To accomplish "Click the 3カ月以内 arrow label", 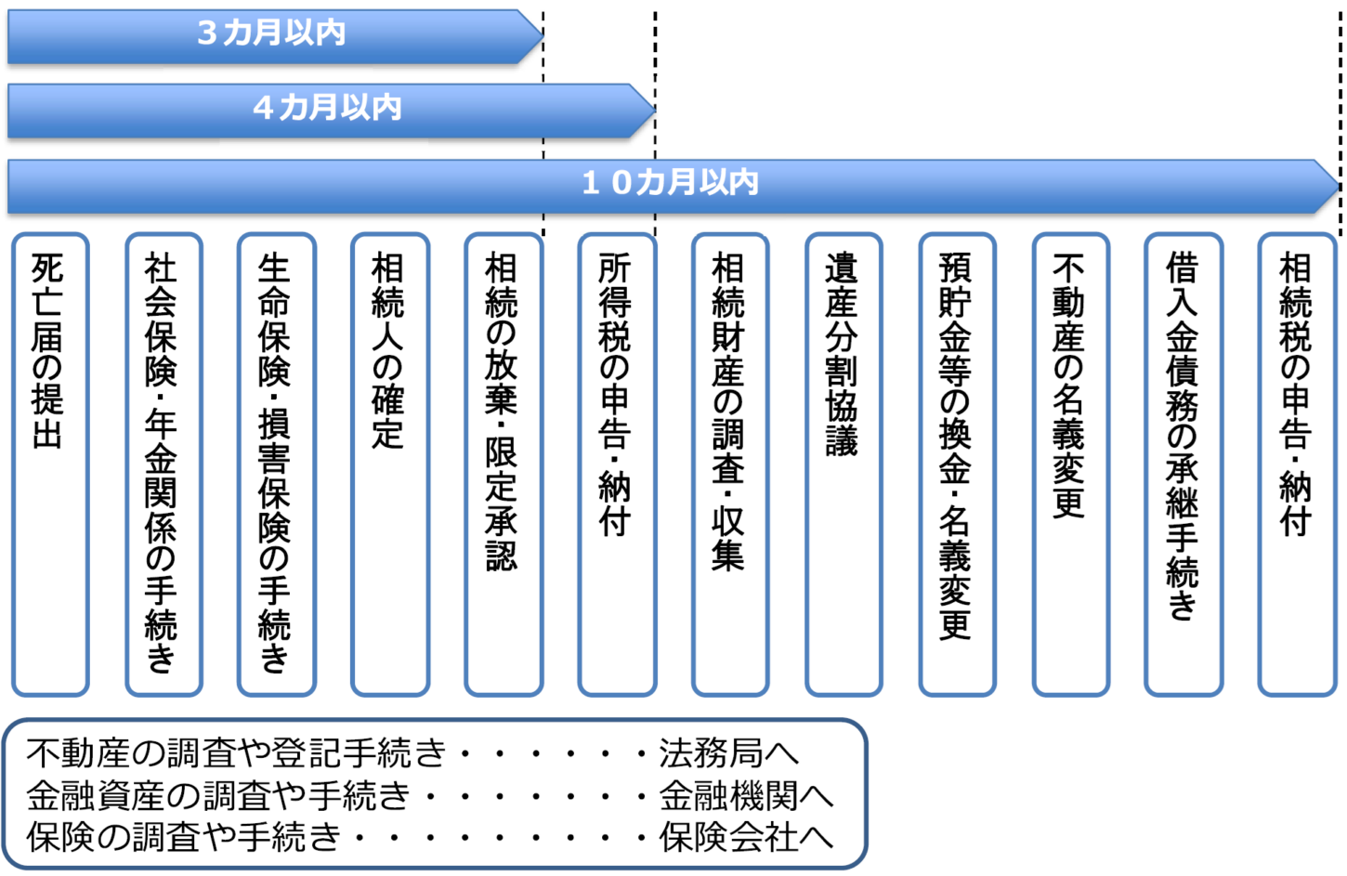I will [271, 33].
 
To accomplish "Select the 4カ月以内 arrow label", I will [327, 108].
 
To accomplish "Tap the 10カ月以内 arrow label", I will [670, 182].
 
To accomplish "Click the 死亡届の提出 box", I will [49, 464].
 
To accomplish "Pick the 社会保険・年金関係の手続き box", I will [163, 464].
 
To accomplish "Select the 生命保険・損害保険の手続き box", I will [276, 464].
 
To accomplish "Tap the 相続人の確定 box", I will [389, 464].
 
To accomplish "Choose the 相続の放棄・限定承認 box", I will [503, 464].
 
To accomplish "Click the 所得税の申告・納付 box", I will [616, 464].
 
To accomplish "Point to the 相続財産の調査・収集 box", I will [729, 464].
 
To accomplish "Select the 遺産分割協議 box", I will [843, 464].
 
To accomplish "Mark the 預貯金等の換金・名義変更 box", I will [956, 464].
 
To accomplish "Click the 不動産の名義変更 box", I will [1070, 464].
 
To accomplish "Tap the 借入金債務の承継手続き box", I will [1183, 464].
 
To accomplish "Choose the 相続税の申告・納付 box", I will [1296, 464].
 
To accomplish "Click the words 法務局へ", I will [728, 753].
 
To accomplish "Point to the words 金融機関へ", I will [746, 795].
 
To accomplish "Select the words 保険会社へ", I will [746, 837].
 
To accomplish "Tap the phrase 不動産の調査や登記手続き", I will [237, 753].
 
